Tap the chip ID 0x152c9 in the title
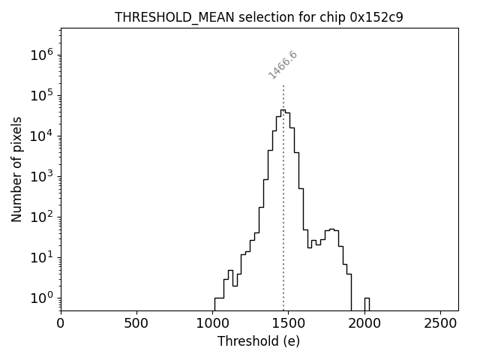pos(376,17)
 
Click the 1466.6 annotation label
pos(283,65)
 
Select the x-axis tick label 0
pos(61,324)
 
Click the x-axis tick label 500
pos(136,324)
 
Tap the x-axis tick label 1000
pos(213,324)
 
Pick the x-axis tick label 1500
pos(289,324)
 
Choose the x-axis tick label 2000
pos(365,324)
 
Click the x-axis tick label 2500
pos(441,324)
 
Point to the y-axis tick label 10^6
pos(40,55)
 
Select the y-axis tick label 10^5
pos(40,95)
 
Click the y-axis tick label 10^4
pos(40,136)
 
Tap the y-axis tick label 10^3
pos(40,176)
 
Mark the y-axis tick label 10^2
pos(40,217)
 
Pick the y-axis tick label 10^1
pos(40,257)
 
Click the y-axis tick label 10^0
pos(40,298)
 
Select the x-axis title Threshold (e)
pos(259,341)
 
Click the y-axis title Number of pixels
pos(16,169)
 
